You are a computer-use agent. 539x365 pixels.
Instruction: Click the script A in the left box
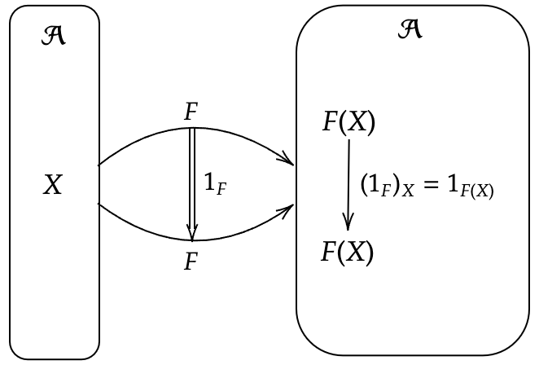pyautogui.click(x=54, y=36)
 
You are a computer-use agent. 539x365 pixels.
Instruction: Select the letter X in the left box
pyautogui.click(x=52, y=186)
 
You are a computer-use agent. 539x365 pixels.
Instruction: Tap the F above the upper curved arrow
pyautogui.click(x=191, y=112)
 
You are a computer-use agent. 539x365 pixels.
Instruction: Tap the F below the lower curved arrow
pyautogui.click(x=191, y=262)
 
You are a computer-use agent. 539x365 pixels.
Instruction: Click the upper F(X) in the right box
pyautogui.click(x=348, y=122)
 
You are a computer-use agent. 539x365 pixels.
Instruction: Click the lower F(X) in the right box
pyautogui.click(x=348, y=253)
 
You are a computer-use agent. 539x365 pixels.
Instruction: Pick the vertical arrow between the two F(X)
pyautogui.click(x=348, y=183)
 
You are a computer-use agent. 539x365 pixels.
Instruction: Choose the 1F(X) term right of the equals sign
pyautogui.click(x=468, y=187)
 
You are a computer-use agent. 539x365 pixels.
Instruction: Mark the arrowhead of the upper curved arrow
pyautogui.click(x=287, y=159)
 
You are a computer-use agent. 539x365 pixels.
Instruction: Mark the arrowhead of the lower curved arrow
pyautogui.click(x=287, y=211)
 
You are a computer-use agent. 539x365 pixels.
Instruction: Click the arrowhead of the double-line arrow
pyautogui.click(x=192, y=235)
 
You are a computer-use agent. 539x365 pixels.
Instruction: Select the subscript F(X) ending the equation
pyautogui.click(x=475, y=191)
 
